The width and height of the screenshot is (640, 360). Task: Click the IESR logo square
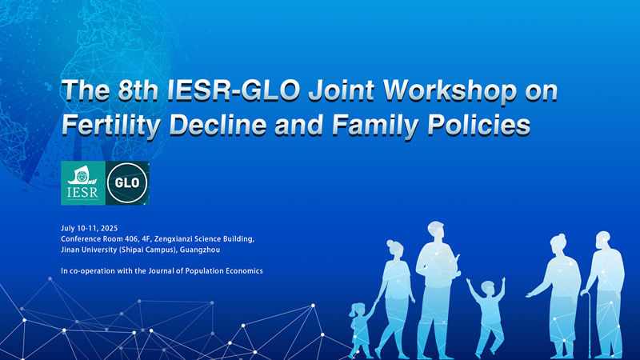point(83,183)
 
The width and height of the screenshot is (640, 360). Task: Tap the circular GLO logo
point(127,183)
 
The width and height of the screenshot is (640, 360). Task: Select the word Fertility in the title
point(111,126)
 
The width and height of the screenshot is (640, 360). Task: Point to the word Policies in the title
point(478,125)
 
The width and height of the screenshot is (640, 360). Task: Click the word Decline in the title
point(218,125)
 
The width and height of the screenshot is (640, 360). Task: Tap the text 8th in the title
point(138,90)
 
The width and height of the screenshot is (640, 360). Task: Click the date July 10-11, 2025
point(90,228)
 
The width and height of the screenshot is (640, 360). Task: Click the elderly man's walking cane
point(588,323)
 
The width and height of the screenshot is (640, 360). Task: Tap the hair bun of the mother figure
point(390,243)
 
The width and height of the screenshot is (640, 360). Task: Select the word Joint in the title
point(342,91)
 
